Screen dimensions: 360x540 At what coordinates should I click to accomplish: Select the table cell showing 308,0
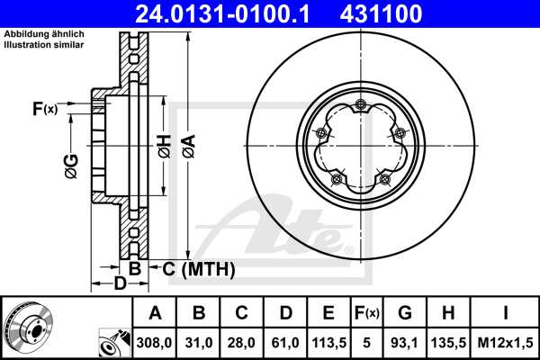point(155,342)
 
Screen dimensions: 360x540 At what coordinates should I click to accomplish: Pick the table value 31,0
point(200,342)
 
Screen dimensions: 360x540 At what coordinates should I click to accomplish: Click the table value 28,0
point(242,342)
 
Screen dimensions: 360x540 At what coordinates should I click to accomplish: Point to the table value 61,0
point(285,342)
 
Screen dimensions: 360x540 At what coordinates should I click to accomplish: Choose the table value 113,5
point(328,342)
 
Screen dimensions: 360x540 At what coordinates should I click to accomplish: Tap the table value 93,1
point(405,342)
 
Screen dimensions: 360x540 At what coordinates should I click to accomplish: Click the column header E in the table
point(328,313)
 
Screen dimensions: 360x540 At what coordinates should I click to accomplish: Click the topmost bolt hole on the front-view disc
point(360,103)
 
